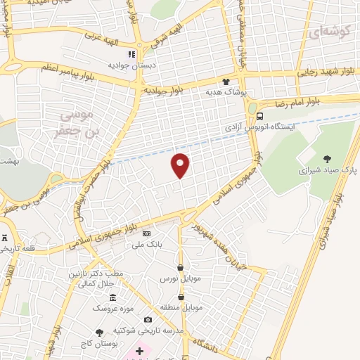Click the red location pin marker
181,165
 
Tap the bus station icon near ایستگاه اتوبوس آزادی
260,117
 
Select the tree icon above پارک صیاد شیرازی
328,158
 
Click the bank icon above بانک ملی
146,233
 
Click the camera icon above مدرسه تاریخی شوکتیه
148,320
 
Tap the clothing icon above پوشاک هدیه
226,80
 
